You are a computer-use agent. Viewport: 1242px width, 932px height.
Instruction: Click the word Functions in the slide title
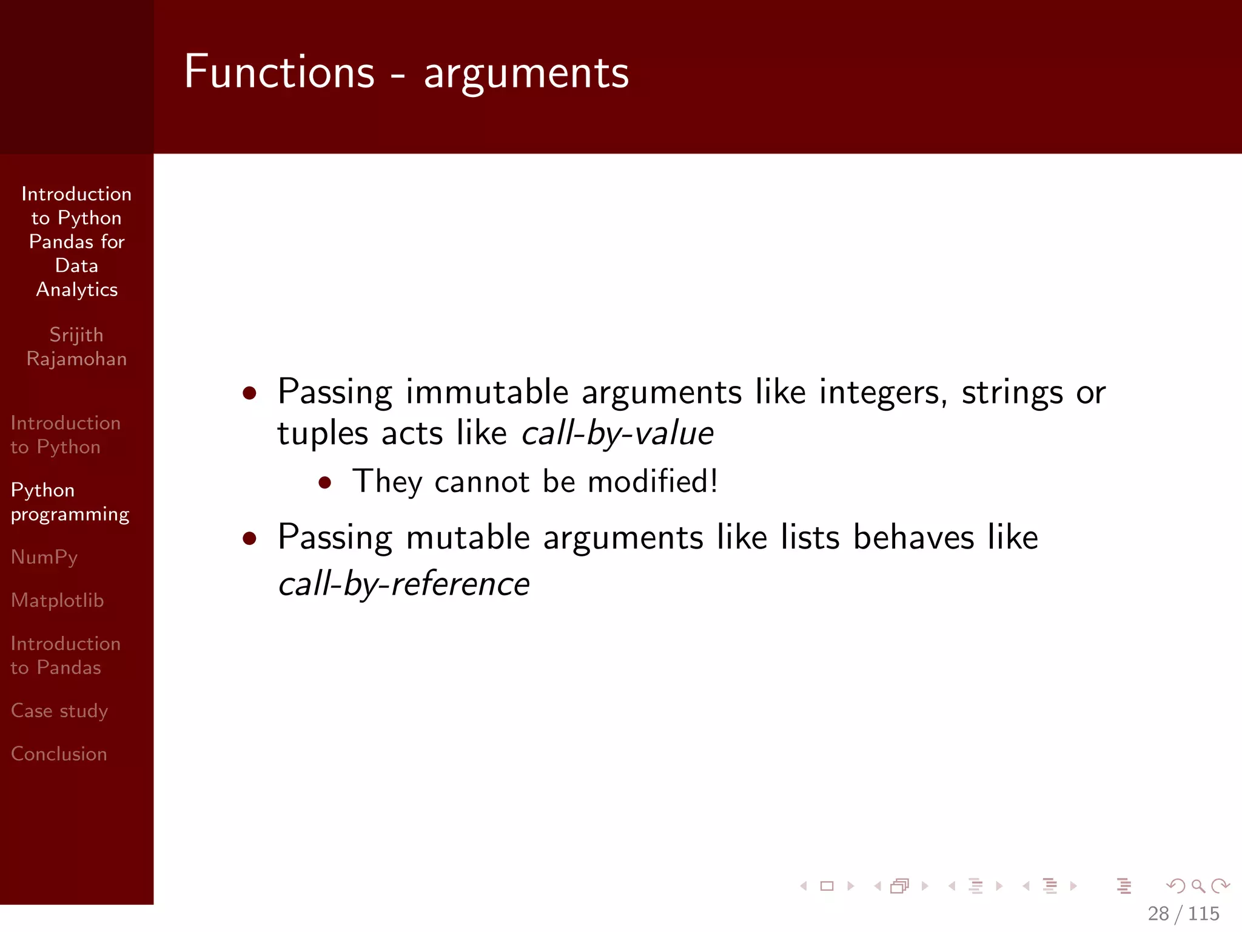point(279,72)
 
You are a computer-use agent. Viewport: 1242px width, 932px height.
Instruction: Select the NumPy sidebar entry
point(44,557)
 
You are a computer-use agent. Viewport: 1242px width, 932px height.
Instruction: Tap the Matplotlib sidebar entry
point(58,600)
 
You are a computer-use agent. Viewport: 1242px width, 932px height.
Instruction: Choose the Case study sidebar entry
point(59,711)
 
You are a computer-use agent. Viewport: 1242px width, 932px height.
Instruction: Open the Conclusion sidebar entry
point(59,754)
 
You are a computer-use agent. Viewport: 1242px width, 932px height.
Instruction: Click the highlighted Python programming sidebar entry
point(70,502)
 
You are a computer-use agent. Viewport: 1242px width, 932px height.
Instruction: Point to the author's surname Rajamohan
point(76,359)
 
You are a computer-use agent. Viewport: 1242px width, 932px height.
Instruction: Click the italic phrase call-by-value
point(617,434)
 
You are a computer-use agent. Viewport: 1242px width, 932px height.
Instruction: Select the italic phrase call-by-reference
point(404,584)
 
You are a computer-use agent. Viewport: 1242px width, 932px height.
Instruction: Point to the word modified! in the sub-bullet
point(653,482)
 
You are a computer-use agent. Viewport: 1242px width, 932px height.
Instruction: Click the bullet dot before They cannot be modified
point(325,482)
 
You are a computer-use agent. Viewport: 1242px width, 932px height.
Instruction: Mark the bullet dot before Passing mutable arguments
point(249,538)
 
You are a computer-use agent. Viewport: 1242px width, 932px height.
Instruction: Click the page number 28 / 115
point(1183,913)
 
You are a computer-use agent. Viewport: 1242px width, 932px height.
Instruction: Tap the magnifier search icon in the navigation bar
point(1198,886)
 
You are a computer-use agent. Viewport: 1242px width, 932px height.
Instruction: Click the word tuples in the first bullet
point(323,434)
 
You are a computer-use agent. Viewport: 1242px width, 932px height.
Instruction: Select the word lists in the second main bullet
point(810,538)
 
